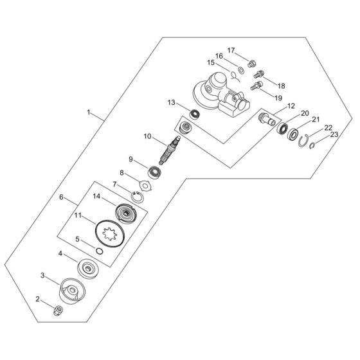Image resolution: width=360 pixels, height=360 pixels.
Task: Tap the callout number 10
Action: coord(147,136)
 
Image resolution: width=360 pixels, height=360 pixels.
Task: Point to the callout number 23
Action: coord(334,134)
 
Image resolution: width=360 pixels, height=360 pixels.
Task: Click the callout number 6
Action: coord(62,197)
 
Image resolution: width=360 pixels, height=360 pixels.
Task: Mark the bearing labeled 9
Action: coord(154,172)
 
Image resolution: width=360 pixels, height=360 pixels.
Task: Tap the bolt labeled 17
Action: coord(253,64)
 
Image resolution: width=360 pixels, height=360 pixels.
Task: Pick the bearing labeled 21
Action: coord(295,135)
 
